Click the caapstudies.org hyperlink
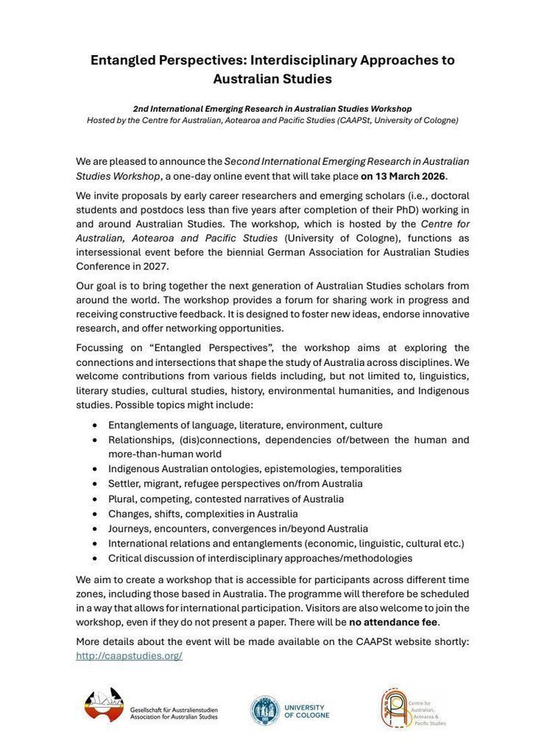click(x=129, y=655)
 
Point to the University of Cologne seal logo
click(x=264, y=710)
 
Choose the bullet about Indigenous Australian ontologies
click(x=255, y=469)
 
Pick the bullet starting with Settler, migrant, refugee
click(x=235, y=484)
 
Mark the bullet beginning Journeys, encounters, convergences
click(x=238, y=529)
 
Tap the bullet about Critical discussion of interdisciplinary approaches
click(x=260, y=558)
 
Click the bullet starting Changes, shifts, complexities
click(x=202, y=514)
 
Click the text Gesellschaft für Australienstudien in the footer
click(x=174, y=710)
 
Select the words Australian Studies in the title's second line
click(x=272, y=78)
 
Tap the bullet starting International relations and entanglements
click(x=286, y=543)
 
